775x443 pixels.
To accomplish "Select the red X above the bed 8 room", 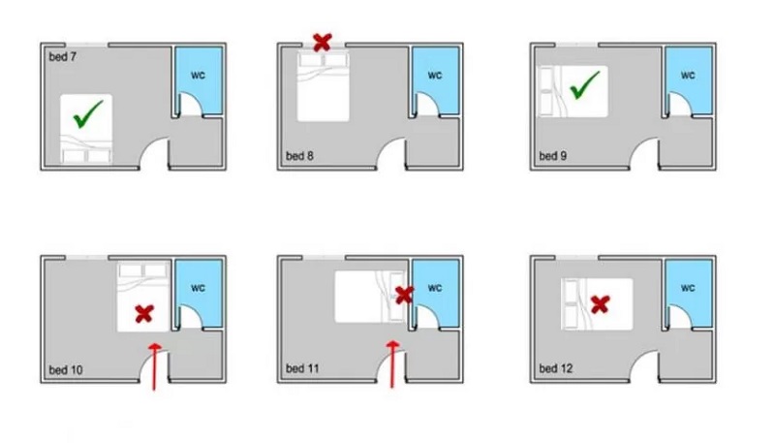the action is pos(323,43).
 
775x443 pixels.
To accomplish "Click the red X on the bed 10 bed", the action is pos(144,313).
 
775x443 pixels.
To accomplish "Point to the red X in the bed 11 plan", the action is pos(404,295).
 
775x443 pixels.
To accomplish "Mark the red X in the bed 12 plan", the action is pos(600,304).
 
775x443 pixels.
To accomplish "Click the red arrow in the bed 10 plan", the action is pos(155,366).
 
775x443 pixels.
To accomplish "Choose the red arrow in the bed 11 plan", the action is pos(393,364).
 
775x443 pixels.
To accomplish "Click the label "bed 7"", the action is pos(62,57).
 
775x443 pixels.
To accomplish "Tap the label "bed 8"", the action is pos(299,156).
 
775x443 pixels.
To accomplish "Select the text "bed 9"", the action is pos(552,156).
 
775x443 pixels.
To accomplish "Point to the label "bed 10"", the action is pos(66,370).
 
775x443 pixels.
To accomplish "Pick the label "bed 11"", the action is pos(302,368).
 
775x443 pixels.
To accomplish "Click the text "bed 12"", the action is pos(556,368).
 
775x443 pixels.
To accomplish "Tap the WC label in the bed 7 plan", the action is pos(198,76).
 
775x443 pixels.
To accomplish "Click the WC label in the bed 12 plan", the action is pos(688,288).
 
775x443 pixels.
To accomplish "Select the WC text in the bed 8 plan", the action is pos(435,76).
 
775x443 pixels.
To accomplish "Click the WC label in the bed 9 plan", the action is pos(688,76).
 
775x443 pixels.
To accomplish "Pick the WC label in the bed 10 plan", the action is pos(198,288).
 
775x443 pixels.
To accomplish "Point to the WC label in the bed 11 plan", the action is pos(435,288).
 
